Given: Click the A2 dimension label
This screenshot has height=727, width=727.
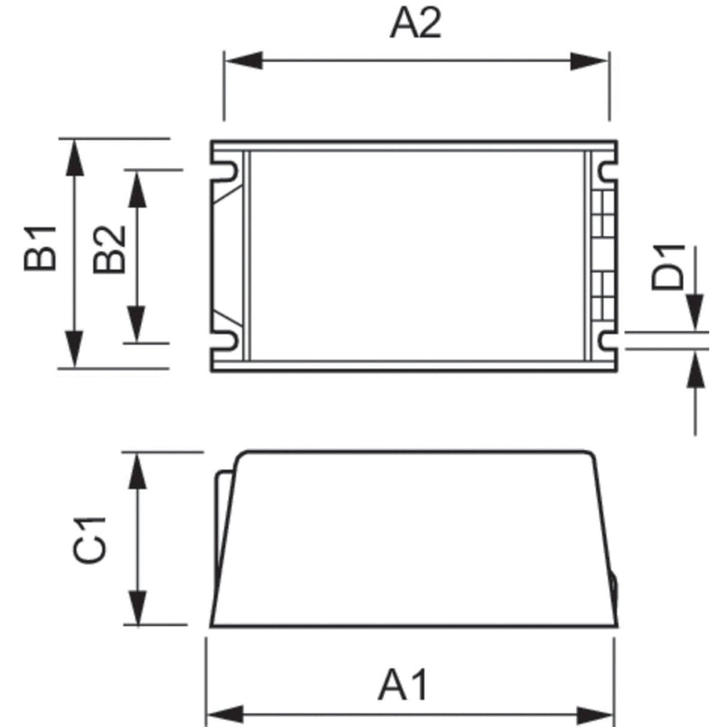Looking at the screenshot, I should [415, 24].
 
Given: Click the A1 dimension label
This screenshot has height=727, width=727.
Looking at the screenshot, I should [403, 684].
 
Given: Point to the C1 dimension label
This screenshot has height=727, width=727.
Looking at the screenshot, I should [91, 538].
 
